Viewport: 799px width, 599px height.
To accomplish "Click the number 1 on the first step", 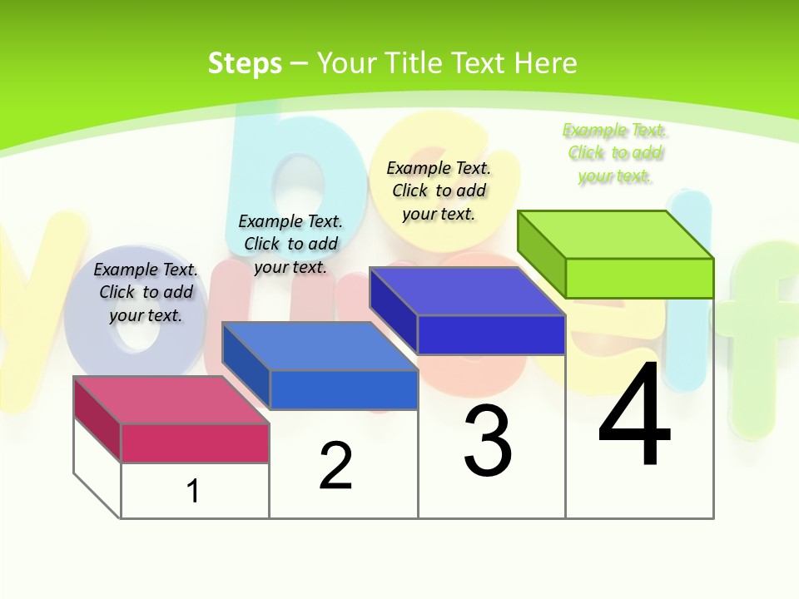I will click(x=193, y=491).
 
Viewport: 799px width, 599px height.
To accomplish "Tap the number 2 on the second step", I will click(x=335, y=466).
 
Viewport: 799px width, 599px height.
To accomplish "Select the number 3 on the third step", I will click(x=488, y=441).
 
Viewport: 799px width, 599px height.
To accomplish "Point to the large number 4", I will click(x=634, y=416).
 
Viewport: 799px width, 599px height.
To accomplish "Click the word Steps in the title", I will click(x=245, y=63).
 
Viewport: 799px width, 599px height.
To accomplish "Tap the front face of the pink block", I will click(x=195, y=443).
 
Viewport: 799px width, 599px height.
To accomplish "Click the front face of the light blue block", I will click(x=344, y=389).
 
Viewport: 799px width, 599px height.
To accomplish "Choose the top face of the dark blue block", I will click(x=467, y=291).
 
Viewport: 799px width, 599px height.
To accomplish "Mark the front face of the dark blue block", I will click(x=491, y=334).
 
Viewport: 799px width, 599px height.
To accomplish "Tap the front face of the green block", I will click(x=639, y=278).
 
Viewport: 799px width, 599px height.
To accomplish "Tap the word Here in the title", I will click(x=546, y=63).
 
